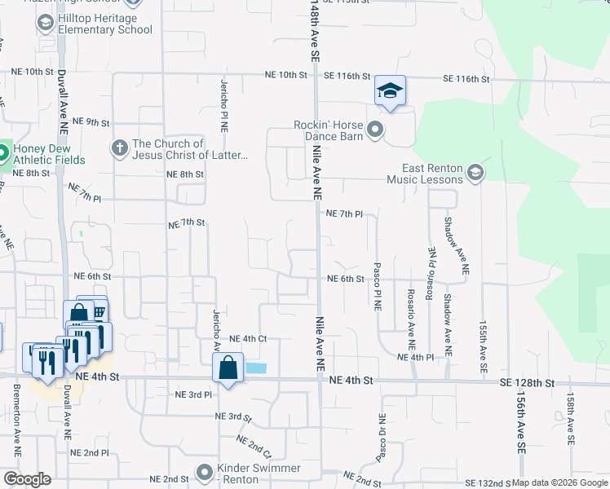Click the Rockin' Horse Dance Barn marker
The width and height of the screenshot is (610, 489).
375,129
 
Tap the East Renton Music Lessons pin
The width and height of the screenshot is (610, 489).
476,173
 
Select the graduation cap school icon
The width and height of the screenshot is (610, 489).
390,91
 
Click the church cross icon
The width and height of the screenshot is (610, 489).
119,148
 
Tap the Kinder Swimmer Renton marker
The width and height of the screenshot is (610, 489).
205,472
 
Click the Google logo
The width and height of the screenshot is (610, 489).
28,478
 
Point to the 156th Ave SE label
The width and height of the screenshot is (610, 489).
520,423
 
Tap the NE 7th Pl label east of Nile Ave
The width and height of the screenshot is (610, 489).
343,214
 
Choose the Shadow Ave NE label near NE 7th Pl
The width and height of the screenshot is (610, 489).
447,236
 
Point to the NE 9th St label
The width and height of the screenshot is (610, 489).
91,122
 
